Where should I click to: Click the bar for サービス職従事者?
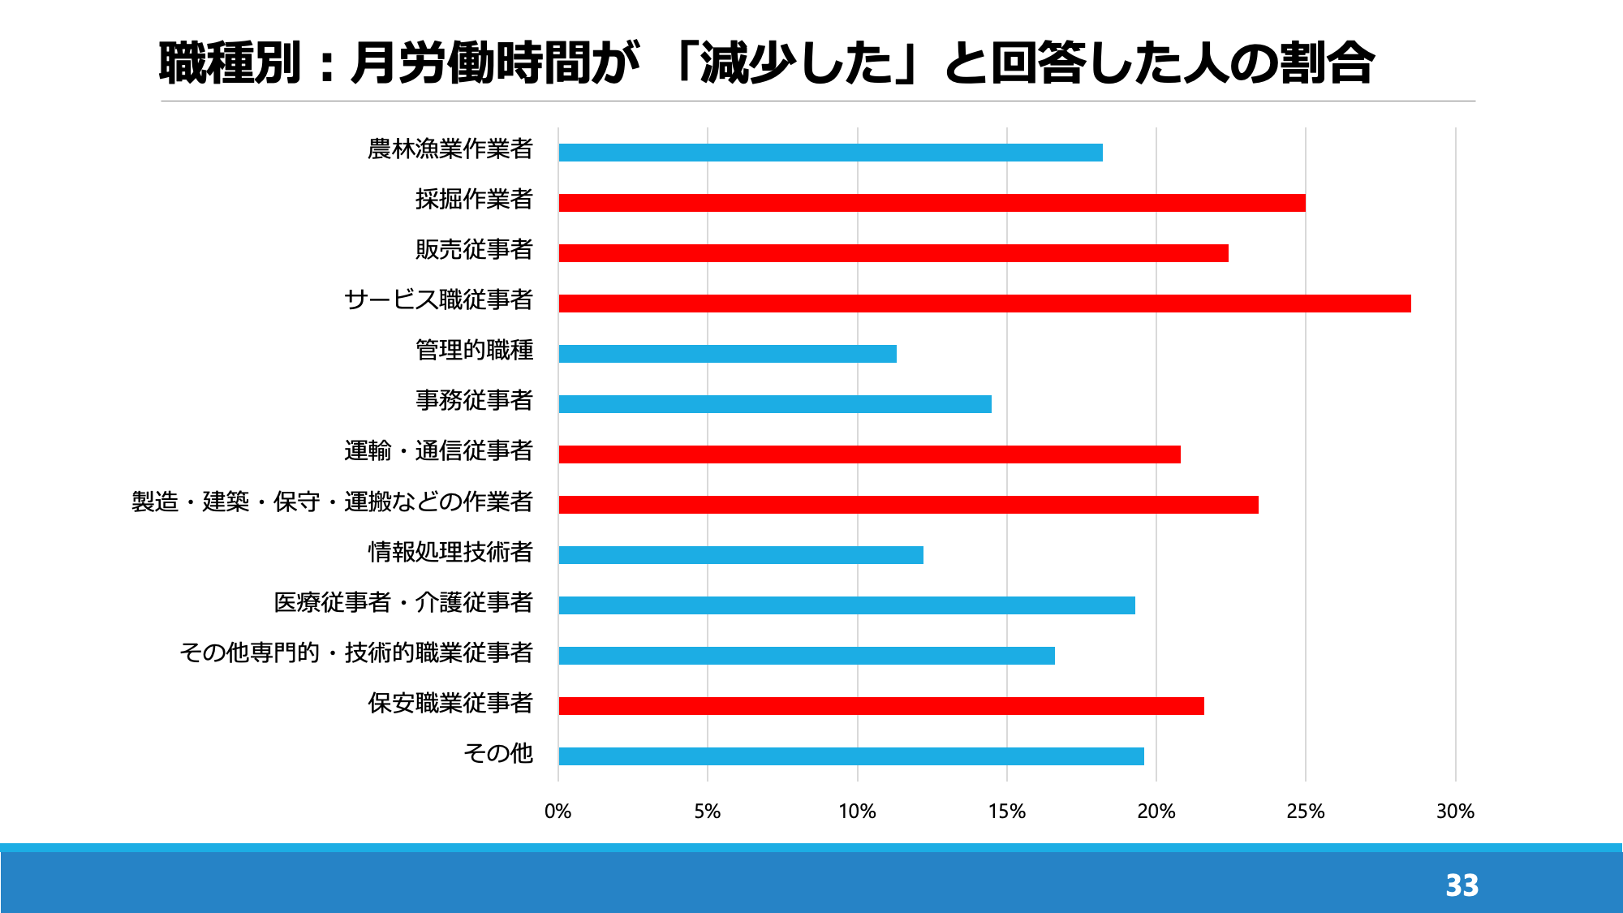point(984,304)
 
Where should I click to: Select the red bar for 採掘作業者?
point(932,203)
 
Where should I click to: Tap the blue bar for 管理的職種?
point(727,354)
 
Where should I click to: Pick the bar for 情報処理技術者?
point(741,555)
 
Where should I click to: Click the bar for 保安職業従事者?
point(881,706)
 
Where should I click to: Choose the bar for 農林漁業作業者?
point(830,153)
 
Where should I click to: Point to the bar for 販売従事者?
point(893,253)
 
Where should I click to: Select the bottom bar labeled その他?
point(851,756)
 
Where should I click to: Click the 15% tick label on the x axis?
point(1007,812)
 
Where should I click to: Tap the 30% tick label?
point(1455,812)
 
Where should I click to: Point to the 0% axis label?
point(558,812)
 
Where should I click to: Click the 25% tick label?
point(1306,812)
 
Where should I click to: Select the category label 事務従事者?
point(474,401)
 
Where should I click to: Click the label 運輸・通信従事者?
point(438,451)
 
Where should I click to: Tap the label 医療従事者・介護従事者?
point(403,602)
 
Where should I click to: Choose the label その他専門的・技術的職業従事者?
point(356,652)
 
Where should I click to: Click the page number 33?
point(1462,885)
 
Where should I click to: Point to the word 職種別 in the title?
point(230,63)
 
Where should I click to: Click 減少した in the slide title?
point(795,63)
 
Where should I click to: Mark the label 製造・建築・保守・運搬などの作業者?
point(333,502)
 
